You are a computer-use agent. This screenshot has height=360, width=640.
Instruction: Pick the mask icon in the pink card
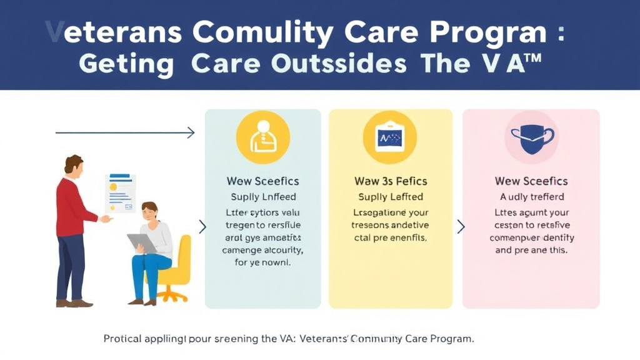(x=531, y=137)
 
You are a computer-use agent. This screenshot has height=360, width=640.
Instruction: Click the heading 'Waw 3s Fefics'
(x=391, y=181)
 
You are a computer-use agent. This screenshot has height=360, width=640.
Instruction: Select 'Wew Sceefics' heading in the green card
(x=262, y=181)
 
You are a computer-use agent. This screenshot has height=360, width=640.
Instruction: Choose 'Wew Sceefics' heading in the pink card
(x=531, y=181)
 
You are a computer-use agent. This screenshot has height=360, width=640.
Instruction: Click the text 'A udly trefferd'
(x=531, y=197)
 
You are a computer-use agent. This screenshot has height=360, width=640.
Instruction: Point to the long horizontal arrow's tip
(x=192, y=132)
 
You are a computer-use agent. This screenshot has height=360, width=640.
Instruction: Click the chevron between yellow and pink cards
(x=461, y=226)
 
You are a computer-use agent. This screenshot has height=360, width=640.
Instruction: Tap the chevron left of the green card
(x=202, y=226)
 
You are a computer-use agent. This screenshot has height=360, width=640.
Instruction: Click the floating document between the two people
(x=121, y=193)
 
